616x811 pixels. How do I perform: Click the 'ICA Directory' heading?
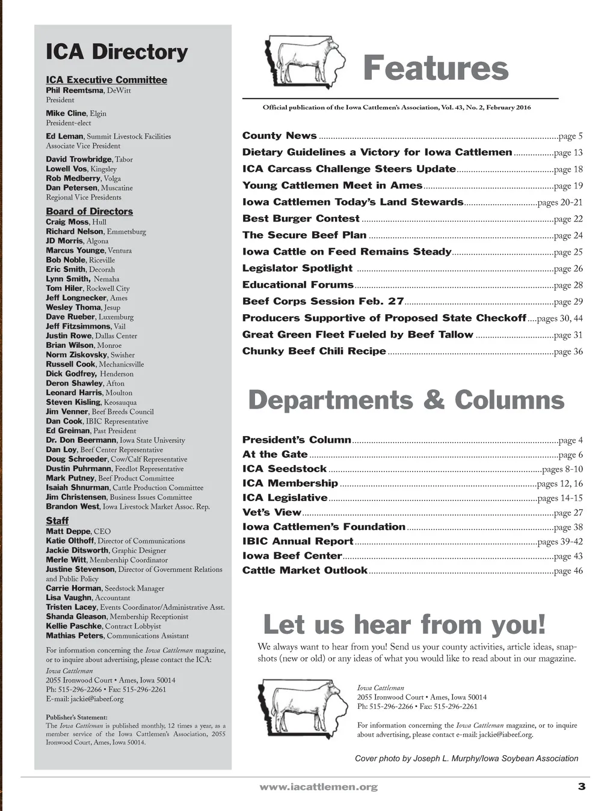coord(117,52)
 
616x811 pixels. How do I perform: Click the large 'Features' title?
coord(436,68)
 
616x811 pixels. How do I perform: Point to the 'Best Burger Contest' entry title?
coord(301,219)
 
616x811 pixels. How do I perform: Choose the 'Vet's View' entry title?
coord(271,512)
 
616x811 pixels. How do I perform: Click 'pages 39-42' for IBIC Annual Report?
coord(559,542)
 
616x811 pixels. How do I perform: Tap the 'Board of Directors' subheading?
coord(89,211)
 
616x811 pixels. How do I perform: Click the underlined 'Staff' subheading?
coord(57,521)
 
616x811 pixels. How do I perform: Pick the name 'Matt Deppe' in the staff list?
coord(69,532)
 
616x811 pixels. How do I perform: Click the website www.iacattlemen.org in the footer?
coord(318,787)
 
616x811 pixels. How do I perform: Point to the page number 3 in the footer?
coord(581,786)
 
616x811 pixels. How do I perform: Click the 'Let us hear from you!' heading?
coord(404,625)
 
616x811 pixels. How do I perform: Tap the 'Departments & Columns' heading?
coord(406,401)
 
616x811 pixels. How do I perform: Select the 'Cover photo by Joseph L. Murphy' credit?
coord(466,759)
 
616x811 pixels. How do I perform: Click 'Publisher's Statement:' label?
coord(76,717)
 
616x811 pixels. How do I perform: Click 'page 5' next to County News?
coord(570,136)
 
